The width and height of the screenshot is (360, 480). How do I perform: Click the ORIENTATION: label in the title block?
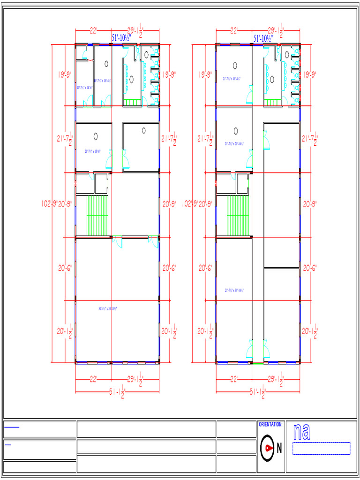[x=270, y=424]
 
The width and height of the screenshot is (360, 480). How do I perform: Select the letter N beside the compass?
[x=279, y=448]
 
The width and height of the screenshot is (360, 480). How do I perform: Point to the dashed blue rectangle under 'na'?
[x=321, y=448]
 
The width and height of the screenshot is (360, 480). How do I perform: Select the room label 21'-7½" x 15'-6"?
[x=93, y=151]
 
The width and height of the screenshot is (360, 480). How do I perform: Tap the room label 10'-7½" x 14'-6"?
[x=85, y=88]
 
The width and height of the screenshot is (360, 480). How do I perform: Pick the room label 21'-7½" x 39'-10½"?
[x=234, y=290]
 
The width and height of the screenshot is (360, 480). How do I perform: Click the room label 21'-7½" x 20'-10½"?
[x=234, y=144]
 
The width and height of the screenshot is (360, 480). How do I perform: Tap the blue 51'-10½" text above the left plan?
[x=120, y=38]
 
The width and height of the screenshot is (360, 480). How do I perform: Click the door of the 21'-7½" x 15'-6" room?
[x=109, y=160]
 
